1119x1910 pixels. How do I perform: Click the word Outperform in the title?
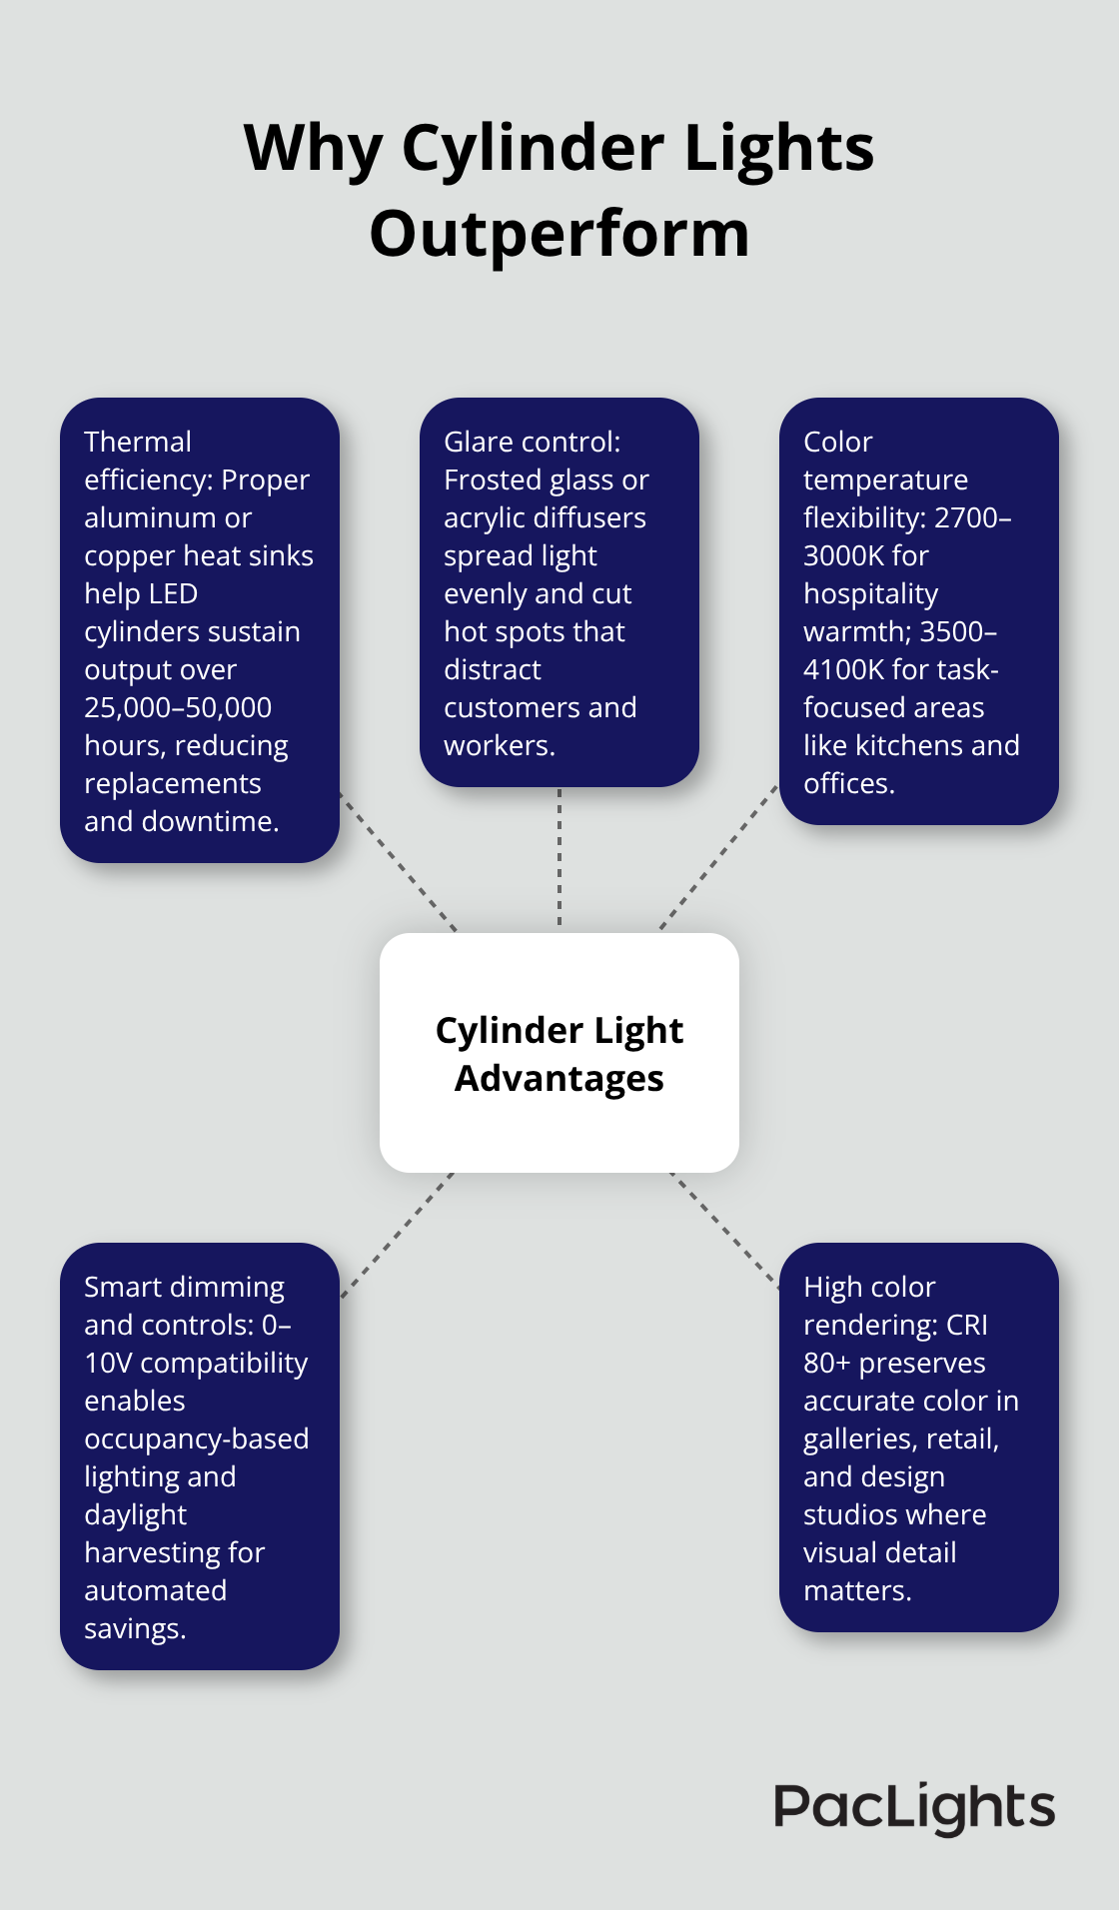click(559, 235)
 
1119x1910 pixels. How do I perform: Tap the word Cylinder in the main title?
click(534, 149)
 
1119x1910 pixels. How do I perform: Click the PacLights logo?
click(914, 1807)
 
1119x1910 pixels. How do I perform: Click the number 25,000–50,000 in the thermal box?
click(178, 707)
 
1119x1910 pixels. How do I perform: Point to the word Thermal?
click(137, 442)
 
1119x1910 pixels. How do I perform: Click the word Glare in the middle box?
click(477, 442)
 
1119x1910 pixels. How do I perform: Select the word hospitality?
click(870, 593)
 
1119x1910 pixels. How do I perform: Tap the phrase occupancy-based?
click(196, 1438)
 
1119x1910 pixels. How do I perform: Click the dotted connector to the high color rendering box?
click(725, 1230)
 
